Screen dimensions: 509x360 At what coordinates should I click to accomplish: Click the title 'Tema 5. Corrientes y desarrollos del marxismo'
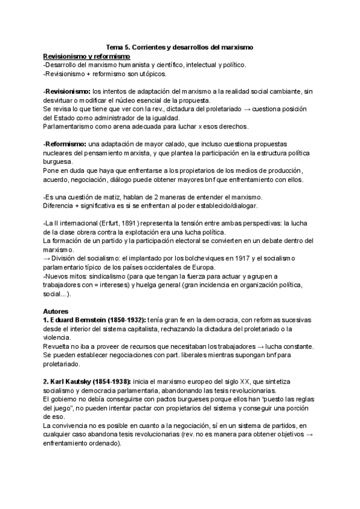[180, 46]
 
